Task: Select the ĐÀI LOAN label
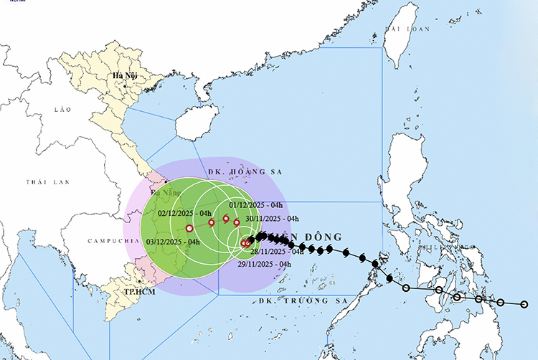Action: coord(407,29)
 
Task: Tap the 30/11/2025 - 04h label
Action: coord(272,218)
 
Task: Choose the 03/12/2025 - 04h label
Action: coord(173,242)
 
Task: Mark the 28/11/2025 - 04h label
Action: coord(277,252)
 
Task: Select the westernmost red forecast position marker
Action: coord(189,229)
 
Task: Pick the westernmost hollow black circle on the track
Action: coord(407,288)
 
